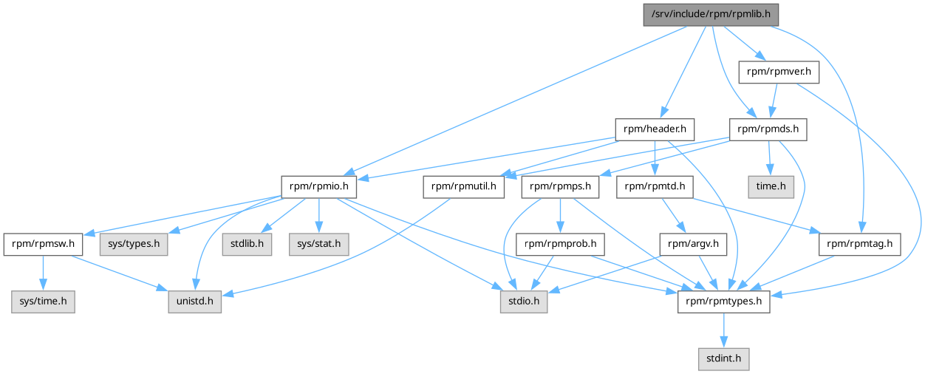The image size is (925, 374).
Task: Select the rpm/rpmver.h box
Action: (x=779, y=72)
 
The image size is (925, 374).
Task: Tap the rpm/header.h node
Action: (x=655, y=129)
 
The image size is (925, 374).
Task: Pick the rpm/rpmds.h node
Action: (x=768, y=129)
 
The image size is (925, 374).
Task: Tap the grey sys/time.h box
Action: (x=43, y=302)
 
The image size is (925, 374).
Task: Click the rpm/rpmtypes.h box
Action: (x=724, y=302)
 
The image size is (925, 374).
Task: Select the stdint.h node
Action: (x=724, y=358)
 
